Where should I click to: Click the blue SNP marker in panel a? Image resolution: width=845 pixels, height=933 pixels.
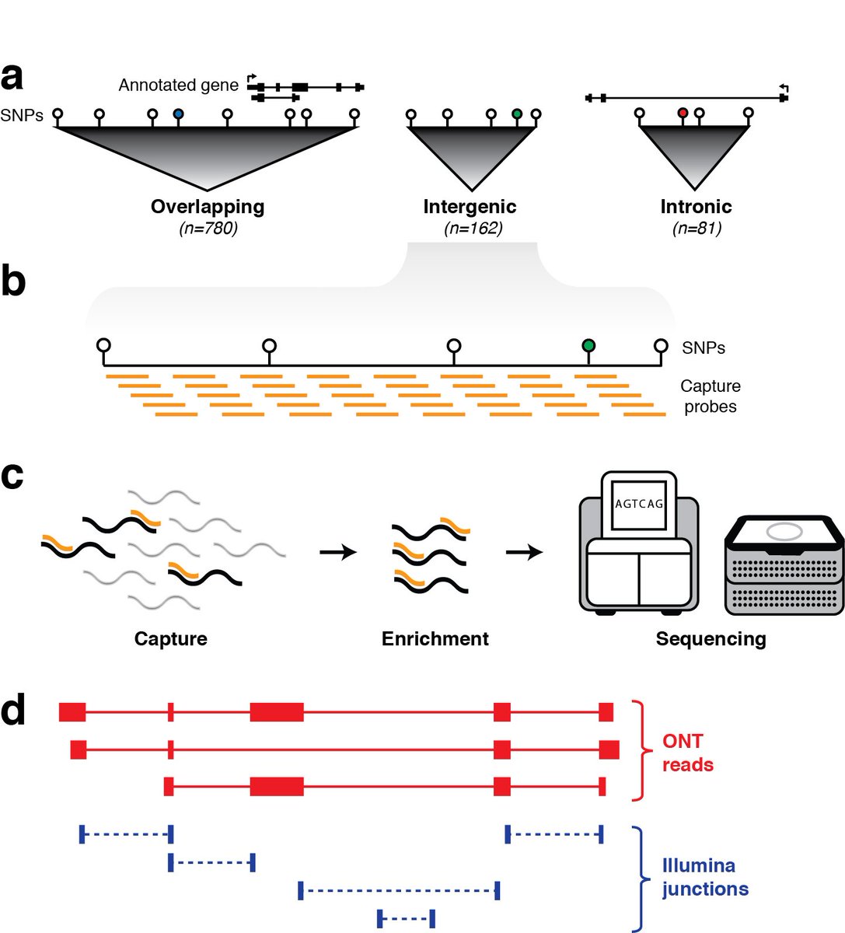(178, 114)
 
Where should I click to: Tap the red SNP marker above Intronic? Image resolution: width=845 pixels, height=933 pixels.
(683, 113)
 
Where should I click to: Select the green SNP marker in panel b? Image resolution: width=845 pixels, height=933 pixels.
(588, 345)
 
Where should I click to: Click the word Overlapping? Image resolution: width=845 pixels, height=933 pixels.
(208, 207)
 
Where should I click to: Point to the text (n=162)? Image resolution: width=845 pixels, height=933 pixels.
(473, 229)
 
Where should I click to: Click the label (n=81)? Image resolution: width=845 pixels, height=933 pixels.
(697, 229)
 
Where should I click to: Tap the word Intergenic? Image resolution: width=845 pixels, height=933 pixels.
(470, 207)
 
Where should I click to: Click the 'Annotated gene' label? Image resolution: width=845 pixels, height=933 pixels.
(178, 86)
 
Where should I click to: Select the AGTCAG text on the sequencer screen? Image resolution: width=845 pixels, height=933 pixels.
(639, 504)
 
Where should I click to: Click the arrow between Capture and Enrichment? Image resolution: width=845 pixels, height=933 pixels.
(338, 552)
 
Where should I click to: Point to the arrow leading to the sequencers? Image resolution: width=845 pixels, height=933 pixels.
(524, 552)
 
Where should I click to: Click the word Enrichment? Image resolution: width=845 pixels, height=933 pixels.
(435, 639)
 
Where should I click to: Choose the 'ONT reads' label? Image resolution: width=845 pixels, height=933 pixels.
(687, 753)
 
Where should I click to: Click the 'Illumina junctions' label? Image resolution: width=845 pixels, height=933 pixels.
(705, 877)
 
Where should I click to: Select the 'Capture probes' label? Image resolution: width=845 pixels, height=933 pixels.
(711, 397)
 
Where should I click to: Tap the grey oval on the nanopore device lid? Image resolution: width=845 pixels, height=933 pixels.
(784, 531)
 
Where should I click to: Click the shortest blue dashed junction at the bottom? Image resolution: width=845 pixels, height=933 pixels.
(406, 918)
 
